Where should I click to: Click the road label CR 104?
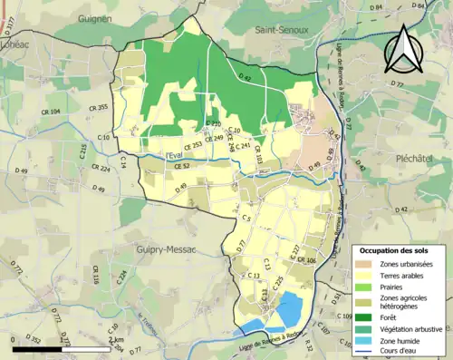coord(51,111)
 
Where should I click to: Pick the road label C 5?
coord(246,219)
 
